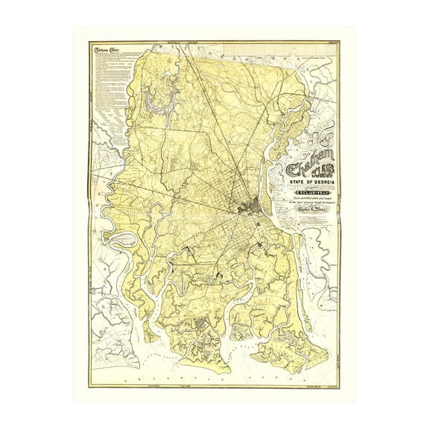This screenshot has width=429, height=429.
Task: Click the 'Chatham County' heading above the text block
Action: coord(107,51)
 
